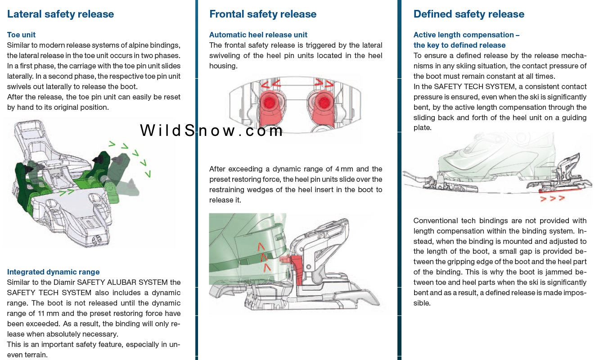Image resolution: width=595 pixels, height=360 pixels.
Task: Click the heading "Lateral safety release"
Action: [x=60, y=14]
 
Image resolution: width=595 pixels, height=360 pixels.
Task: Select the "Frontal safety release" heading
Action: [x=263, y=14]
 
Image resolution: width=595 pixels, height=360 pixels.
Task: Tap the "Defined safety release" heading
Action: [x=469, y=14]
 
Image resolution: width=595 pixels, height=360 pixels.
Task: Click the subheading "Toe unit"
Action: [x=21, y=35]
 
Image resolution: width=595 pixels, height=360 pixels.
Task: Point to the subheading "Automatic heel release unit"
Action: [x=258, y=35]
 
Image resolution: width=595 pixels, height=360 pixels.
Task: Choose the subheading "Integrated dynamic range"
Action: [x=53, y=272]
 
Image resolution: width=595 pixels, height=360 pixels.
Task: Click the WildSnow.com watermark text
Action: [x=212, y=130]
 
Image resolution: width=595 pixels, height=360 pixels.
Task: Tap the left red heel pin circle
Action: [x=269, y=103]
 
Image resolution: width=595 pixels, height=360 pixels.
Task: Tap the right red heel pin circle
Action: [x=324, y=103]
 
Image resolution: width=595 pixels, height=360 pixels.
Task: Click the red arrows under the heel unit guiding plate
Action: [x=553, y=198]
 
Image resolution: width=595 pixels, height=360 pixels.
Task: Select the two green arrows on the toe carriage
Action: [x=67, y=192]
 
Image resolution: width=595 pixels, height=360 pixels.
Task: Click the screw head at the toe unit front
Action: [x=96, y=239]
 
